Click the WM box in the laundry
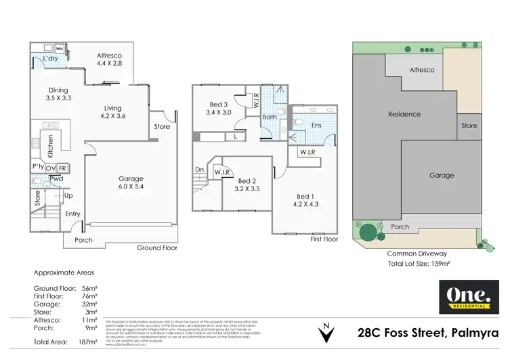[60, 49]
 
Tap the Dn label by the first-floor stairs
[199, 170]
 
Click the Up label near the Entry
[68, 195]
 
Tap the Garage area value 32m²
[90, 306]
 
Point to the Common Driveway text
[415, 254]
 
